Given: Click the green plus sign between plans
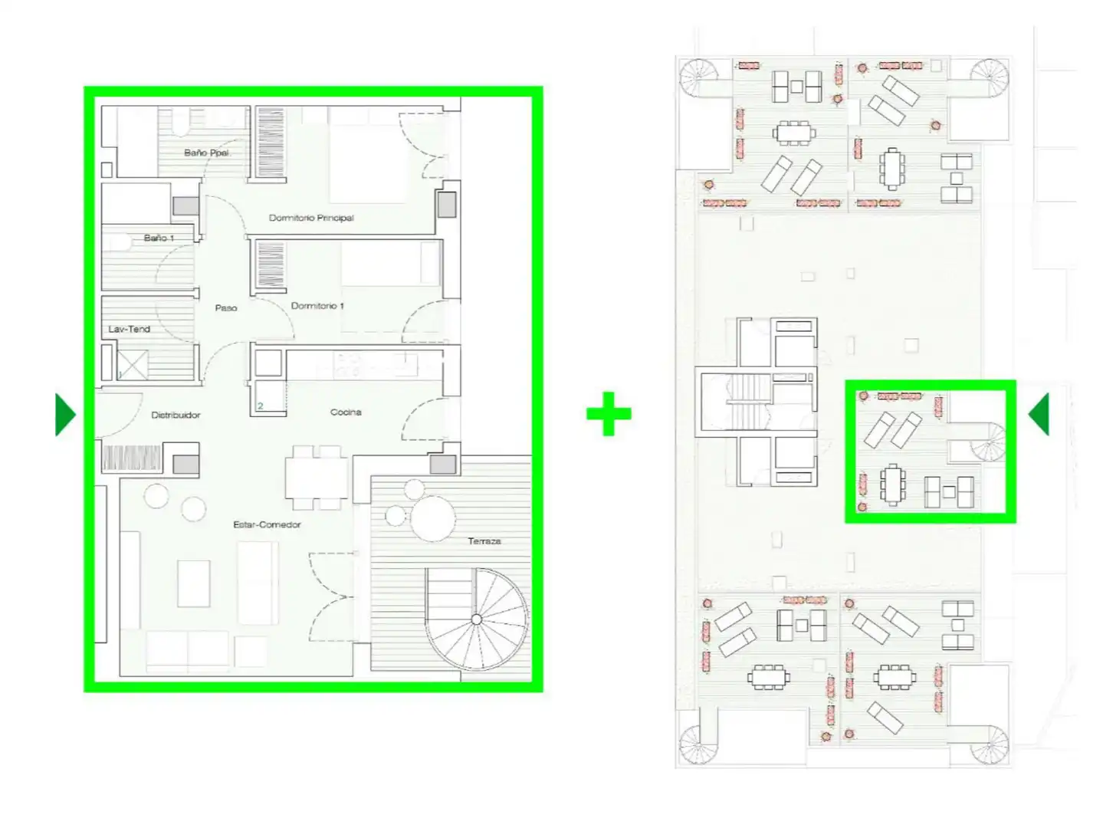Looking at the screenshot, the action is (608, 413).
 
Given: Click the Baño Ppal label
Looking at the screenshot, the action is (206, 153).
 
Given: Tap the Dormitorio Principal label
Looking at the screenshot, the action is (311, 218).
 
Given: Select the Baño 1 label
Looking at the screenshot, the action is (159, 238).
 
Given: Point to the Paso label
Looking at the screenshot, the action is (225, 307).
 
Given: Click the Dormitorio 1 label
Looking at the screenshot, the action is (317, 305).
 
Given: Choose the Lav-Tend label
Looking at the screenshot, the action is (129, 329).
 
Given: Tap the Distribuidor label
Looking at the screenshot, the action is (176, 415).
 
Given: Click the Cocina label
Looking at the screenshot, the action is (346, 412).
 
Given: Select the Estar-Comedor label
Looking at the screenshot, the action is (267, 524).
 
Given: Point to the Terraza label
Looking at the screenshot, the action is (484, 541).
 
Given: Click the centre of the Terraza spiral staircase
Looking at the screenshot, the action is (476, 619).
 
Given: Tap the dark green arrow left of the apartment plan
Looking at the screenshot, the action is (65, 415).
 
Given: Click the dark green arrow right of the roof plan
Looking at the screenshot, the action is (1039, 415).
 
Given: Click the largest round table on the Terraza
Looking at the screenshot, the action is (432, 518).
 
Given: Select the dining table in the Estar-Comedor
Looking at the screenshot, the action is (316, 478).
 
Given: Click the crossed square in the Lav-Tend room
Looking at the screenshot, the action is (133, 365).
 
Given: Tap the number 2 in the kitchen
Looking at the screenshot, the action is (261, 406).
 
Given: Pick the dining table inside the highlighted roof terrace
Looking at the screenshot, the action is (892, 485).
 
